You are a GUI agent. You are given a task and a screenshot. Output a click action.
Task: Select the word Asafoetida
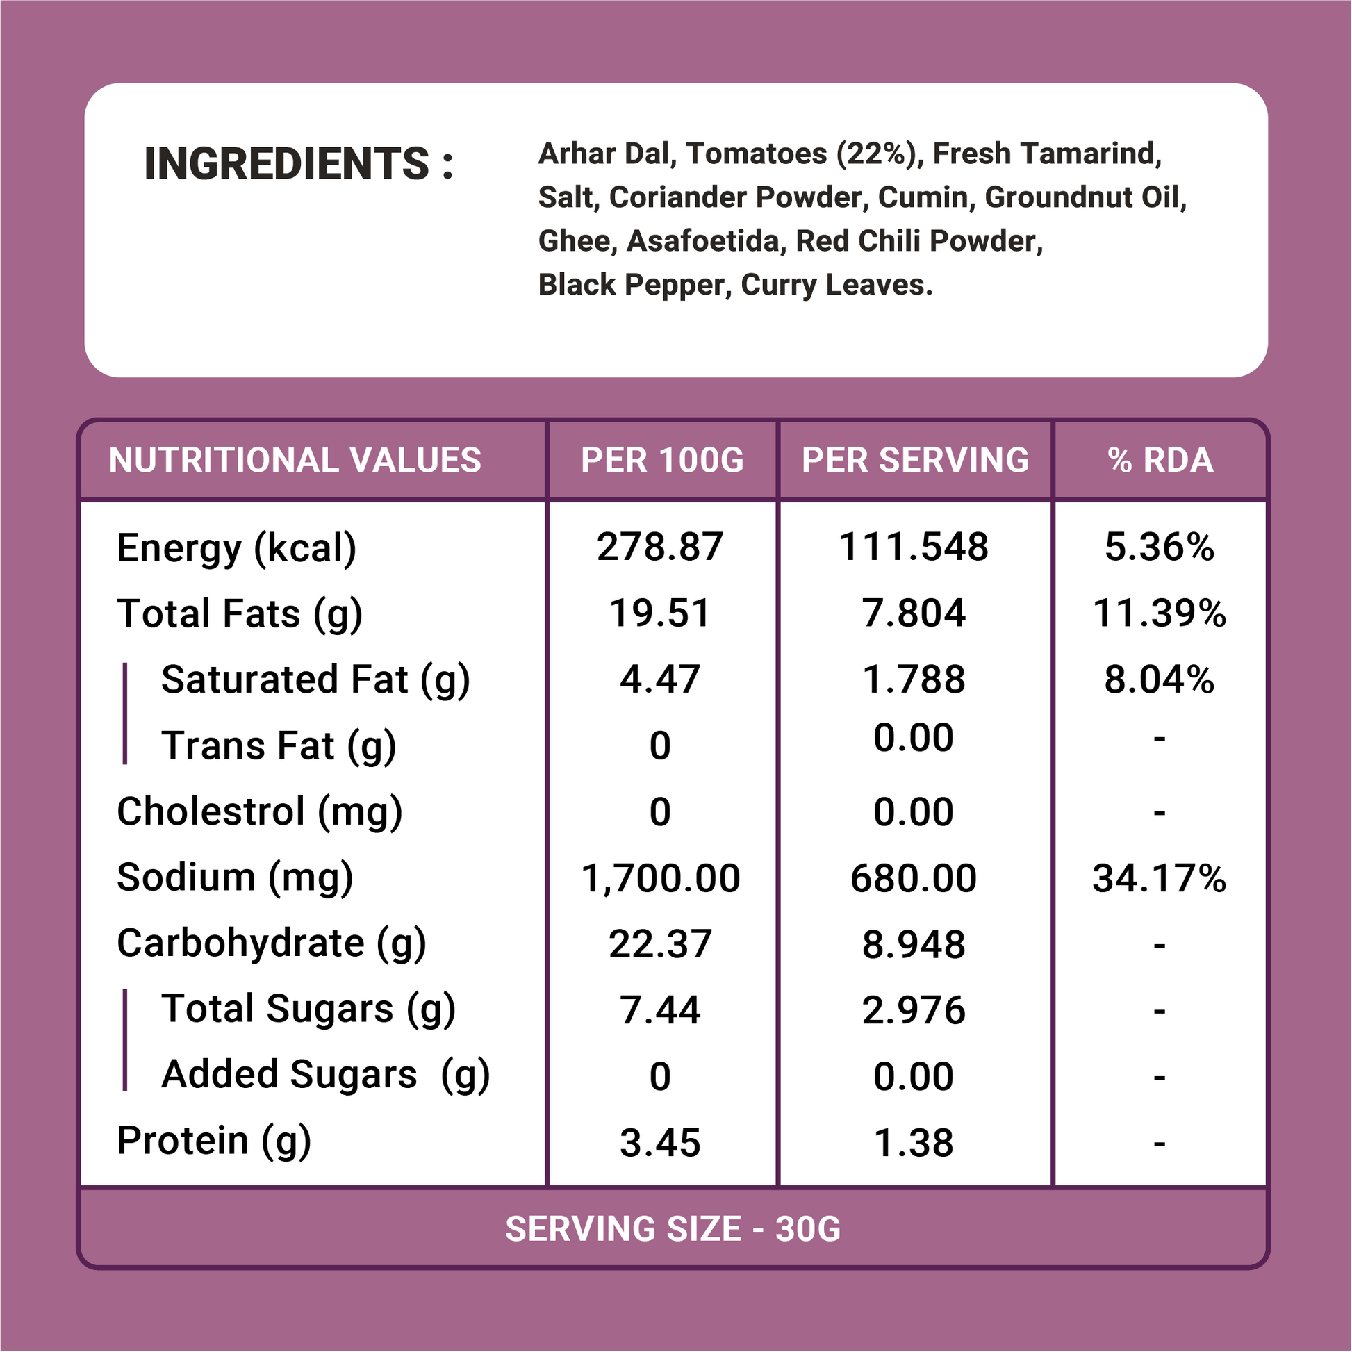[702, 242]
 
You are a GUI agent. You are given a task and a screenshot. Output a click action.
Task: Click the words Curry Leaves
[836, 285]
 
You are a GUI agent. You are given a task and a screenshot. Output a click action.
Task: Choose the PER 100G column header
[662, 461]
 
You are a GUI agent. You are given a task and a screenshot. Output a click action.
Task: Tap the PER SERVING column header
[914, 461]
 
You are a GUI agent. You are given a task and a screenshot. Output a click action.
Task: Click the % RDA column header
[1160, 461]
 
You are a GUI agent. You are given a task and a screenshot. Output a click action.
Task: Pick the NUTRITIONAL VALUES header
[295, 461]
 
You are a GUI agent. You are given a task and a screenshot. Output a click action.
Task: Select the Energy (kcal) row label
[236, 548]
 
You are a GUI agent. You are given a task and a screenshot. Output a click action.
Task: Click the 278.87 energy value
[660, 547]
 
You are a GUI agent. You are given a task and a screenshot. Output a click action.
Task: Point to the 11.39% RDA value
[1159, 613]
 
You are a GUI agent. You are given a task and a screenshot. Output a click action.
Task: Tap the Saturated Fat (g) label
[315, 679]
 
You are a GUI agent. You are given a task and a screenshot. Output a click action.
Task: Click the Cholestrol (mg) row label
[260, 811]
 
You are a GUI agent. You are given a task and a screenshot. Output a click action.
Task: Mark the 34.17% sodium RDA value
[1159, 878]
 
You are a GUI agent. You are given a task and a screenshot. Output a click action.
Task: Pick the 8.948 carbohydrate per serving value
[913, 944]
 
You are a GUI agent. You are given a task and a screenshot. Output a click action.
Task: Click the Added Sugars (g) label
[325, 1075]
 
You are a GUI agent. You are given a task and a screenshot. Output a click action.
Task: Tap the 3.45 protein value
[660, 1143]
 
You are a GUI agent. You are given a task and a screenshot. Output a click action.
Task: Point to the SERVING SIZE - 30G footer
[673, 1229]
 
